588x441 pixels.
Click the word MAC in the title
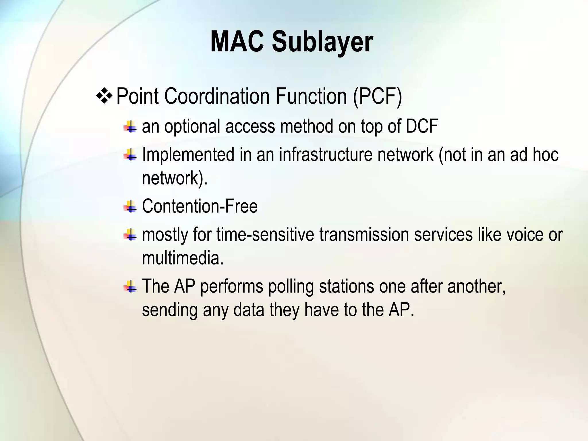tap(237, 42)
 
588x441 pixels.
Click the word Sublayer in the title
tap(322, 42)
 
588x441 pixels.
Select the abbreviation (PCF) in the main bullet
tap(377, 96)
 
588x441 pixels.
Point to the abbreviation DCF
tap(422, 126)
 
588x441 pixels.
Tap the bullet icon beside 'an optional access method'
tap(130, 126)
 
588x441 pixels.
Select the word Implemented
tap(188, 154)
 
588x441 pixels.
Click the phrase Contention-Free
tap(200, 206)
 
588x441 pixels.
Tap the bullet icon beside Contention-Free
tap(130, 206)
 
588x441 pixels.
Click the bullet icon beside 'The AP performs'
tap(130, 286)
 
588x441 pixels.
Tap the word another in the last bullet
tap(476, 286)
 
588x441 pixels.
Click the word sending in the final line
tap(170, 310)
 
